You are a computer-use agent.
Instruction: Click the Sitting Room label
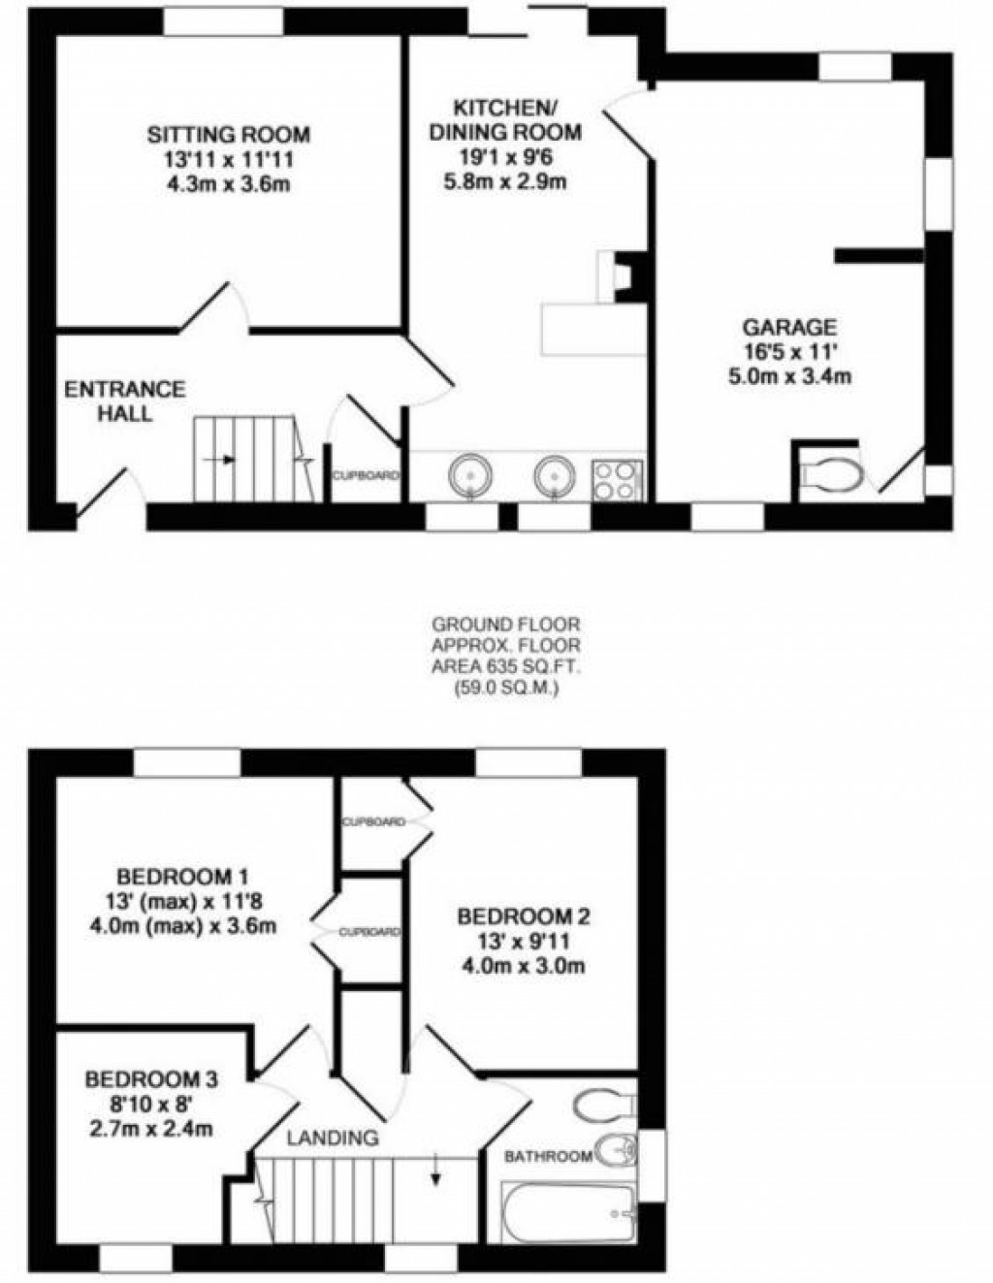click(x=228, y=135)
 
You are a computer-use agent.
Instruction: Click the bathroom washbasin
click(x=615, y=1151)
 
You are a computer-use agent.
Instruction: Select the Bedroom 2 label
click(x=523, y=915)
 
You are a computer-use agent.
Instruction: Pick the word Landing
click(x=332, y=1138)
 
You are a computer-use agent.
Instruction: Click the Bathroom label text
click(x=548, y=1156)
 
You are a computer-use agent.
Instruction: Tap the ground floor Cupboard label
click(x=366, y=476)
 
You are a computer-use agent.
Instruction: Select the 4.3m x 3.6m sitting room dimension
click(x=228, y=181)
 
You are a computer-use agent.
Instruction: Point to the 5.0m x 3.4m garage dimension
click(x=789, y=375)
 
